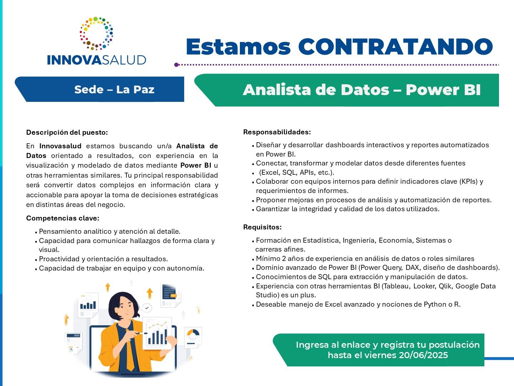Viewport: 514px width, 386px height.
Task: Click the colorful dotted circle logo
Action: tap(96, 33)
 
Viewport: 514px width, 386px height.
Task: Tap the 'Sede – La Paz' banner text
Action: tap(114, 89)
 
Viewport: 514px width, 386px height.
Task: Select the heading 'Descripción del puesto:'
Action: tap(67, 132)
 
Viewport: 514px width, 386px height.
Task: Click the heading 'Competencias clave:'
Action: tap(63, 218)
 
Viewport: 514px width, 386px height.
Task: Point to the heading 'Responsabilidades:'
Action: tap(277, 132)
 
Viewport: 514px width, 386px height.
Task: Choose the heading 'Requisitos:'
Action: tap(262, 227)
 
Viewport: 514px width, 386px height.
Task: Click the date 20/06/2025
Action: tap(423, 355)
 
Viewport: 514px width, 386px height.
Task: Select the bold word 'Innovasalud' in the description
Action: tap(60, 146)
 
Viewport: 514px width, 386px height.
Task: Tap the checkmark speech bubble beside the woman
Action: tap(147, 308)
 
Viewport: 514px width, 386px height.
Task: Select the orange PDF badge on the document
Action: tap(173, 296)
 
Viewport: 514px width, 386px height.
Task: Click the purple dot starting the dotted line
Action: tap(177, 65)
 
